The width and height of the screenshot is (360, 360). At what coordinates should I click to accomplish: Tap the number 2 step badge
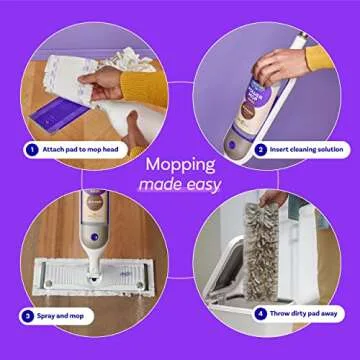[x=260, y=149]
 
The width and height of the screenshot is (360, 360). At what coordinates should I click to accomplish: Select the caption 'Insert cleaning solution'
[x=306, y=149]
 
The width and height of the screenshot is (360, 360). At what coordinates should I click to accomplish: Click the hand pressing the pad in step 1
[x=107, y=80]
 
